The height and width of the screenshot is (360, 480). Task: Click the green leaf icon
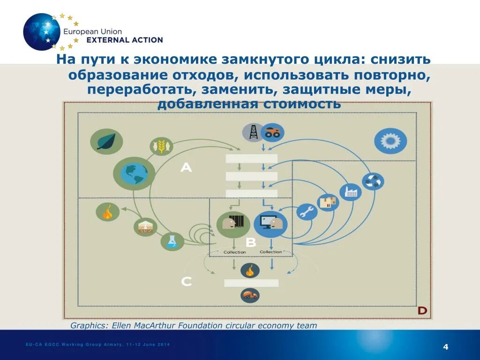click(x=106, y=141)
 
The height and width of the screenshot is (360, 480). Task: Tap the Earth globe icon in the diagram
click(x=134, y=173)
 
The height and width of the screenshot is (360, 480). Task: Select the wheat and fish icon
click(x=161, y=146)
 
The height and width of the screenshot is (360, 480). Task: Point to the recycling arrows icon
click(x=373, y=181)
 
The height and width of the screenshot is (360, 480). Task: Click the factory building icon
click(x=350, y=192)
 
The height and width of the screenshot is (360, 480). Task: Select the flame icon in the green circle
click(x=107, y=212)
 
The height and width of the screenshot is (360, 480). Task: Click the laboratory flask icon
click(x=172, y=241)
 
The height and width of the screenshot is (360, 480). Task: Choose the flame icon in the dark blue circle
click(x=250, y=270)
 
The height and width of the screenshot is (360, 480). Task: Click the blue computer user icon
click(x=270, y=224)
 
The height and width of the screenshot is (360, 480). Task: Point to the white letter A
click(x=186, y=167)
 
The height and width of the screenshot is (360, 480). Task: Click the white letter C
click(x=186, y=281)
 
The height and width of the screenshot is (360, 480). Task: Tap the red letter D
click(x=422, y=311)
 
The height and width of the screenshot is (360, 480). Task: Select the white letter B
click(x=251, y=242)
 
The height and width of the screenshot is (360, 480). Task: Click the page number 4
click(x=445, y=347)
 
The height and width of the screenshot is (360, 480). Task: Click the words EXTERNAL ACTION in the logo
click(x=125, y=40)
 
